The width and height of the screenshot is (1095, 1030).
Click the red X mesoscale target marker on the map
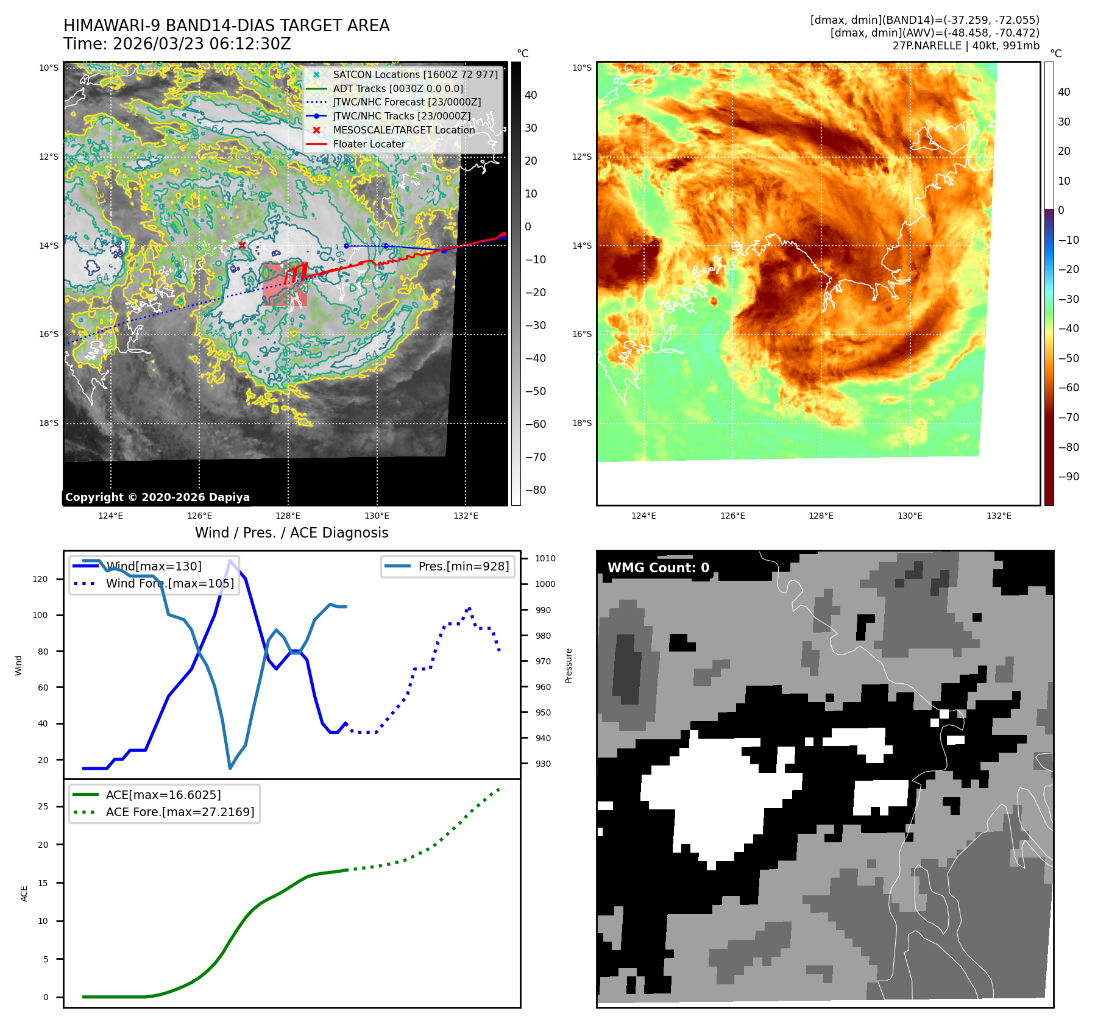click(242, 246)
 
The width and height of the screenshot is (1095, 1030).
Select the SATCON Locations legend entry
click(415, 74)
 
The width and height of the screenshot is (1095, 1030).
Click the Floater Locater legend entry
click(369, 144)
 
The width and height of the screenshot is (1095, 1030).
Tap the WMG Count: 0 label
click(658, 567)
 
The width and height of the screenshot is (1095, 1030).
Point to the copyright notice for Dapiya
click(157, 497)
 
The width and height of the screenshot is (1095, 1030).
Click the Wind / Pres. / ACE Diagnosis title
click(291, 533)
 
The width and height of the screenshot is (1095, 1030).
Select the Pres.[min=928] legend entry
click(463, 566)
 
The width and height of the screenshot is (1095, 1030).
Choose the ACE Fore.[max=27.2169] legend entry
click(180, 812)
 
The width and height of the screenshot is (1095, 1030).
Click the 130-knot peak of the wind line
click(230, 561)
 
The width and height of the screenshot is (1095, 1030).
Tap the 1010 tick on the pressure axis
click(545, 558)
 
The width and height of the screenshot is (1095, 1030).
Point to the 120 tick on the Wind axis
click(40, 579)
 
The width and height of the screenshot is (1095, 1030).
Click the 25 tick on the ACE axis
click(43, 806)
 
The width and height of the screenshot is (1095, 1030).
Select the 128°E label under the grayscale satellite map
click(288, 516)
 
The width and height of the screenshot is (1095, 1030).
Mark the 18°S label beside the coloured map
click(581, 423)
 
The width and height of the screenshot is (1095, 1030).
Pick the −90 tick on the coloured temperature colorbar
click(1068, 477)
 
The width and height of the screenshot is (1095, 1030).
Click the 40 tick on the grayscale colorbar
click(531, 95)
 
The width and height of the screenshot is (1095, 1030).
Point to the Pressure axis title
click(569, 666)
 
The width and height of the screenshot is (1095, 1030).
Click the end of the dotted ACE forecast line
click(500, 789)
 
